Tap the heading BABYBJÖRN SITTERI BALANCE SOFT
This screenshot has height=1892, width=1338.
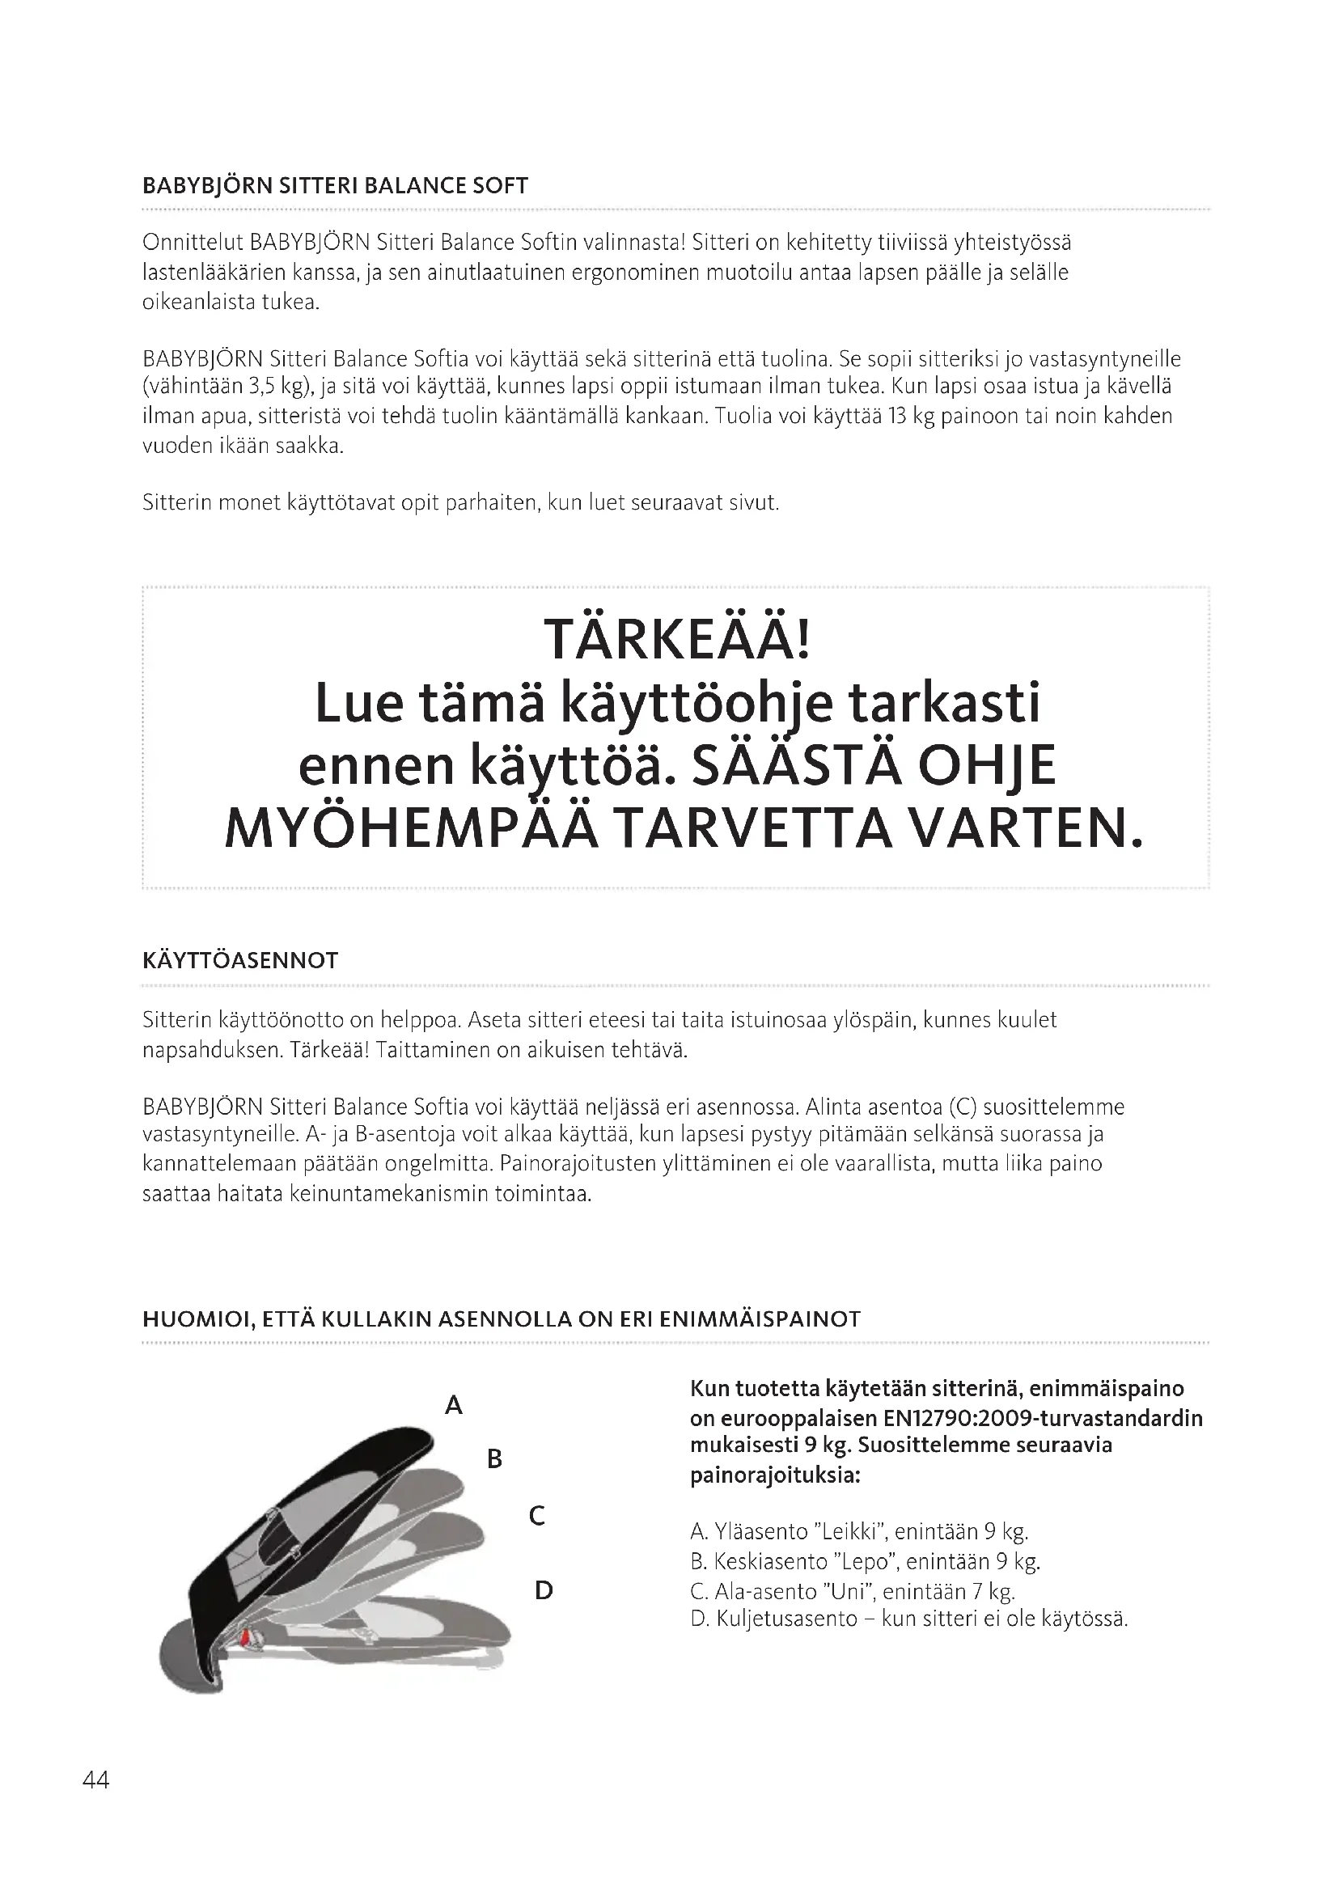pos(335,185)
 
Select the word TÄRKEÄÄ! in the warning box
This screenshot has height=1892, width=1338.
pos(677,641)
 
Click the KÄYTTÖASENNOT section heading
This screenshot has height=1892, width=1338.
pos(239,961)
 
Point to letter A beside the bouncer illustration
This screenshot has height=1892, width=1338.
pos(454,1405)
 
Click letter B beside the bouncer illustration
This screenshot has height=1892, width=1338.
pos(494,1459)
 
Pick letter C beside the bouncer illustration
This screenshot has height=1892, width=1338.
pos(536,1515)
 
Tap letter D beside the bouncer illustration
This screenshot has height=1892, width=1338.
pos(544,1590)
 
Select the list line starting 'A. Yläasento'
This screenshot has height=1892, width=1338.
pos(859,1532)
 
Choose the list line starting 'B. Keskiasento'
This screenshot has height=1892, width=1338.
pos(865,1561)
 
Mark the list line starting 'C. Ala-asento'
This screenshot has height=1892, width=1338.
pos(852,1591)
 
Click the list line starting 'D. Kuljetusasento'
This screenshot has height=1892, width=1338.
pos(908,1619)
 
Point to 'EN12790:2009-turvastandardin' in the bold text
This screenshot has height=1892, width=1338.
pos(1043,1418)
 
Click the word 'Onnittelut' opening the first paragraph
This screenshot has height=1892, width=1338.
pos(192,243)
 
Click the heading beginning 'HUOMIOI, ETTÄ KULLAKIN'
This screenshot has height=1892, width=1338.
pos(501,1319)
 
